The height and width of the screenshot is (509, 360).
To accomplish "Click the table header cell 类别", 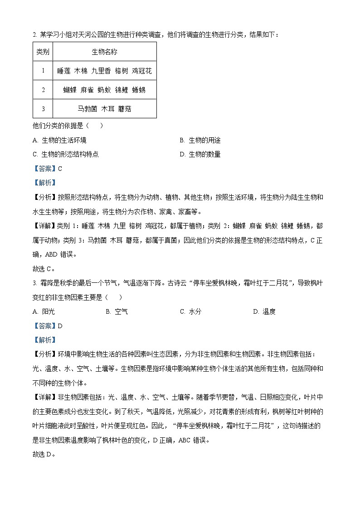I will coord(43,52).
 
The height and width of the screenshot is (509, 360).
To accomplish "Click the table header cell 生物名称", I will coord(104,52).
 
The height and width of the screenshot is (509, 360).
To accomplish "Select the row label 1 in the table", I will coord(43,71).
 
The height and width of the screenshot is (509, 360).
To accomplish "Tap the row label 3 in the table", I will coord(43,109).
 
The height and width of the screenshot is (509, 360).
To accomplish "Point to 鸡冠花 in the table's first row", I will coord(141,71).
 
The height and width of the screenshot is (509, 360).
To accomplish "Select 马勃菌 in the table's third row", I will coord(87,109).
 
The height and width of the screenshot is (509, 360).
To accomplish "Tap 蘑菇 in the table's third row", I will coord(124,109).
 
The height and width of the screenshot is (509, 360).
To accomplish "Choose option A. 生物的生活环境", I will coord(59,141).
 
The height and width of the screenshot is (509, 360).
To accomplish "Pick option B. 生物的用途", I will coord(200,141).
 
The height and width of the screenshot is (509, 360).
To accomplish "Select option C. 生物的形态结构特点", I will coord(66,154).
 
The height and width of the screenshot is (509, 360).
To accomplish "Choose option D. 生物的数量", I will coord(200,154).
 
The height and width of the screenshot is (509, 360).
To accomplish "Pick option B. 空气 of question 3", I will coord(117,311).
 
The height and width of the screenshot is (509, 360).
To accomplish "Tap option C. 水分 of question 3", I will coord(190,311).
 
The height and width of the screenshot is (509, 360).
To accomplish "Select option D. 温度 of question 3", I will coord(264,311).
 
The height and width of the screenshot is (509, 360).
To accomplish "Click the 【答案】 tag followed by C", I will coord(44,169).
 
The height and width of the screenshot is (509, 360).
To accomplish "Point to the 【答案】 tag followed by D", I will coord(44,325).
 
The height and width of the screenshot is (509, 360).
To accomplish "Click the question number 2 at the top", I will coord(34,35).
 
